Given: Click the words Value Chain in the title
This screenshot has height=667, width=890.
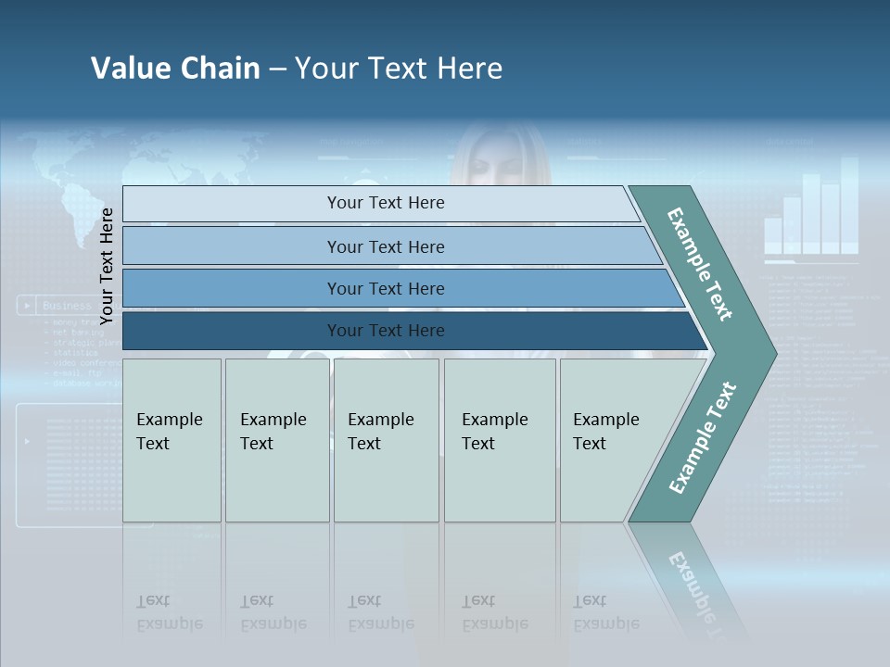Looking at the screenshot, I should point(175,69).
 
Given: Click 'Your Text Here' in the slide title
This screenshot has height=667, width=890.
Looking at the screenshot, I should point(399,69).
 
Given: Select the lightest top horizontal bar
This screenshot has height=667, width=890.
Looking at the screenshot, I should point(385,203).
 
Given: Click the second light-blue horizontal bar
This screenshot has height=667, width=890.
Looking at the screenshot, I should point(385,246).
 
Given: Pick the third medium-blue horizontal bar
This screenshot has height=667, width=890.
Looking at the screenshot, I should point(385,288).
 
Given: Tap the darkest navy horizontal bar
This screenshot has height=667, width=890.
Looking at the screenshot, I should point(385,331).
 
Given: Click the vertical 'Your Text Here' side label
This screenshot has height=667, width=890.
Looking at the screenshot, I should point(107,266).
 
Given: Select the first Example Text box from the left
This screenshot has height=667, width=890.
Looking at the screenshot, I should point(172,439).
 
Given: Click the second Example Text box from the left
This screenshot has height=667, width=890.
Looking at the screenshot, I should point(276,439).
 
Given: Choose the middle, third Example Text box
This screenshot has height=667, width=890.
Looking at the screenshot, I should point(386,439).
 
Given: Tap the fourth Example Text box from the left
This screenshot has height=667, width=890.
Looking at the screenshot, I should point(499,439).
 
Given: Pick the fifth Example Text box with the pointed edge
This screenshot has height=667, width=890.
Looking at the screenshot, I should point(612,439).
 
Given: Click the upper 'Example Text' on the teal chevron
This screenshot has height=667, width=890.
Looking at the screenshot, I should point(700,265).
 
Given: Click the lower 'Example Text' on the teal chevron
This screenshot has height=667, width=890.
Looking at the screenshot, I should point(702,437).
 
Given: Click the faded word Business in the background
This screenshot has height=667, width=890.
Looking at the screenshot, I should point(67,305).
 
